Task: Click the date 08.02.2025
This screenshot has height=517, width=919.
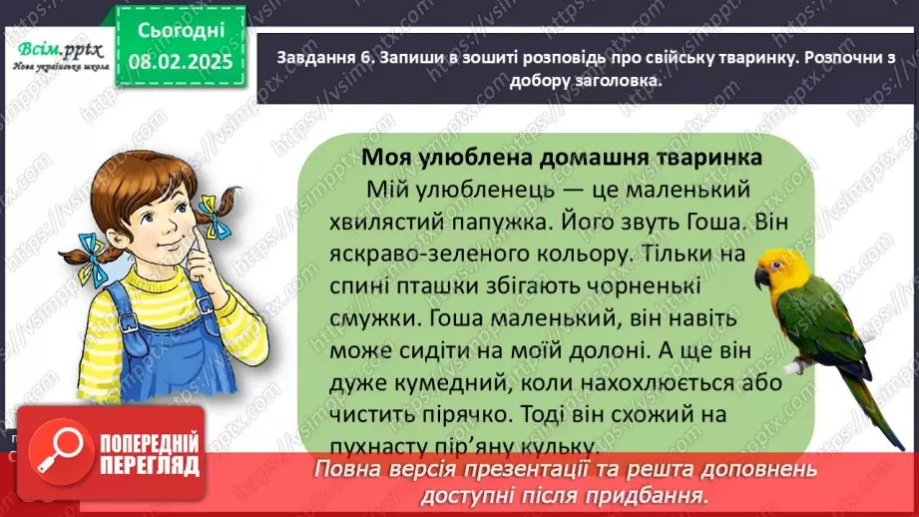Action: point(182,61)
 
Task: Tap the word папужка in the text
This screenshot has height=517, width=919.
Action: point(476,217)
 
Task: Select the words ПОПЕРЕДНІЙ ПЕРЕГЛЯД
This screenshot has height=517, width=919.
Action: point(137,454)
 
